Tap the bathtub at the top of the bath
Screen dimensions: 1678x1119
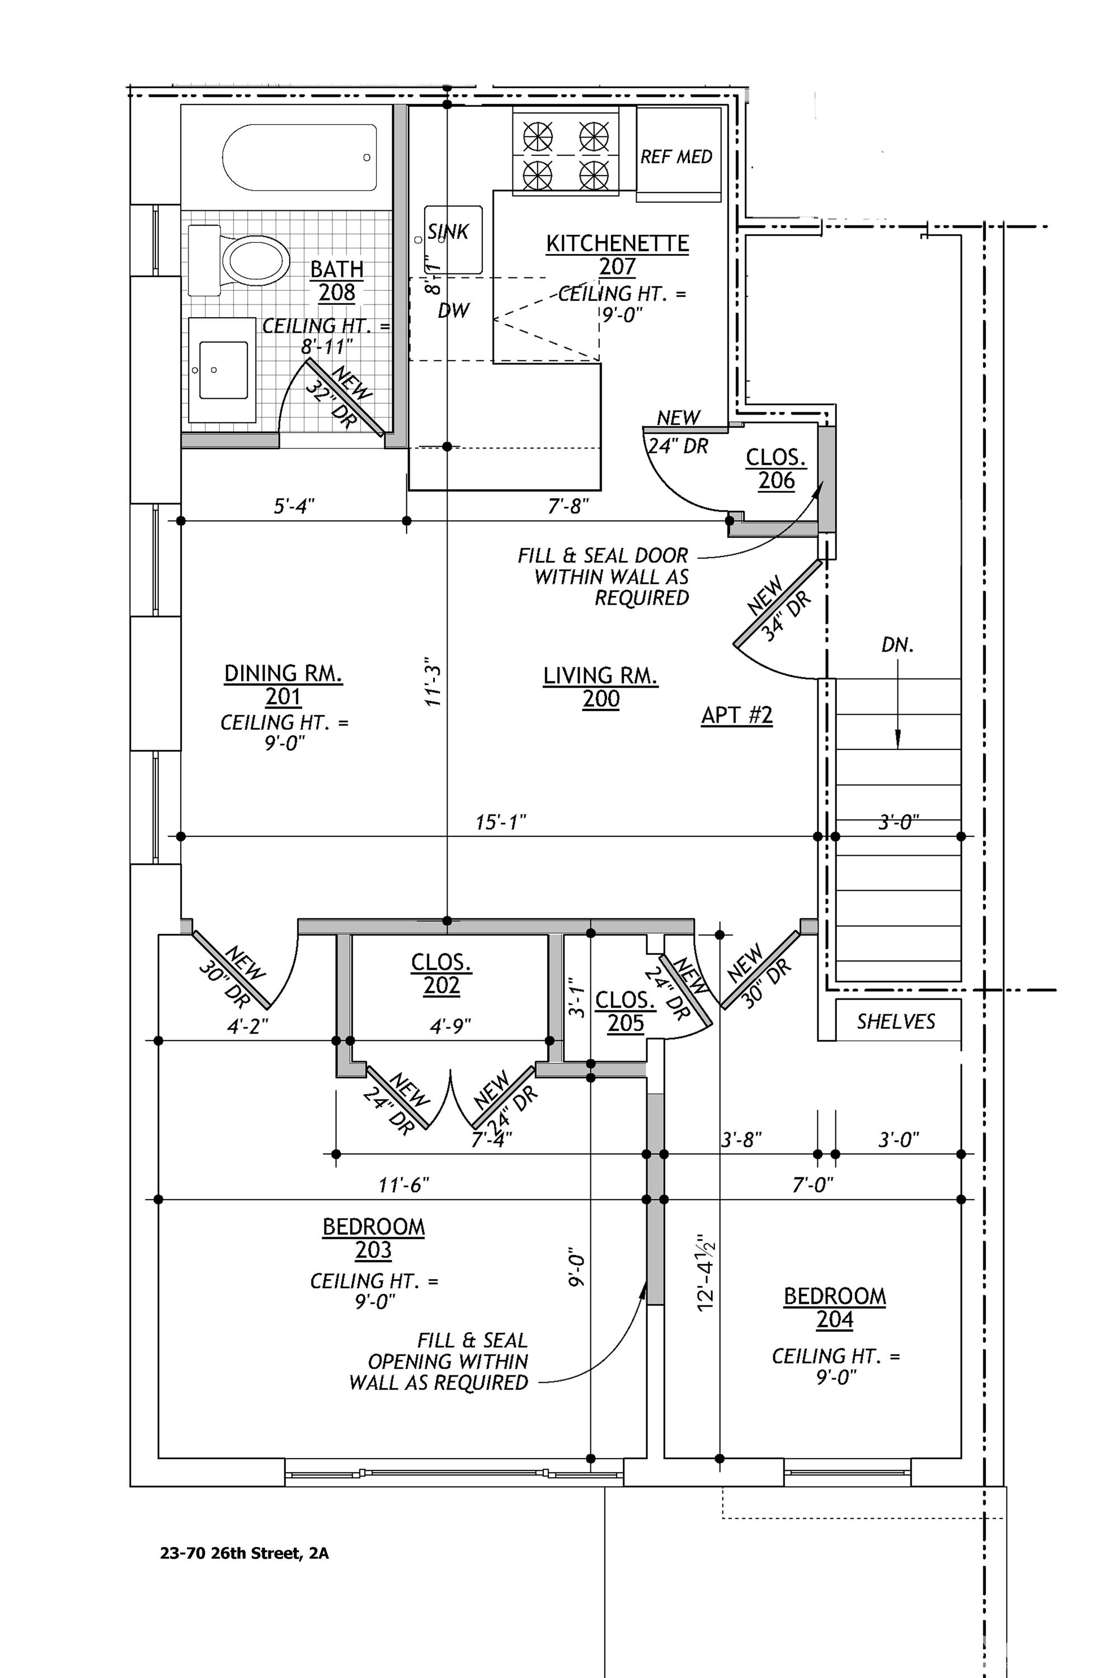[300, 158]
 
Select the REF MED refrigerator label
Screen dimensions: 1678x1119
[676, 157]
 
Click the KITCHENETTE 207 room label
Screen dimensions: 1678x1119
[617, 254]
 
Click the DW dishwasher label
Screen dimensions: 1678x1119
[454, 310]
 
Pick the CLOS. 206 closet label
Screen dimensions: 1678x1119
[775, 469]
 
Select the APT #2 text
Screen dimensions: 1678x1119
[736, 715]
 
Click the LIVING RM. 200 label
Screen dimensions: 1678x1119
[601, 686]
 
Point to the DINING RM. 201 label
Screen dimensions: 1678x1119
[283, 684]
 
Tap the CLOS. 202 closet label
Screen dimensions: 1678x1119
[441, 974]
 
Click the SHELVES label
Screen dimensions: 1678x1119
[896, 1022]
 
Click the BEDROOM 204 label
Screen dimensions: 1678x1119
[834, 1308]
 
